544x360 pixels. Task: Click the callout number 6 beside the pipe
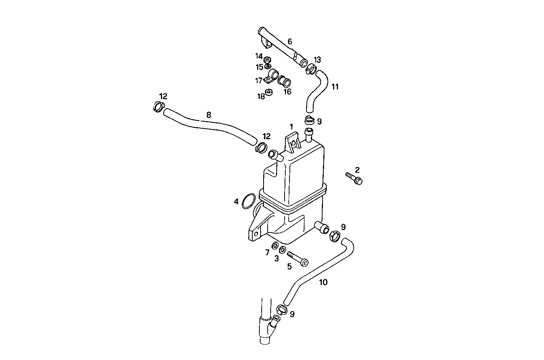(289, 41)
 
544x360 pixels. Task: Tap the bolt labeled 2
(354, 178)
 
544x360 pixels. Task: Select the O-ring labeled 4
(249, 201)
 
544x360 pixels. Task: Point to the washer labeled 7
(275, 246)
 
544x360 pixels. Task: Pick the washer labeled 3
(282, 249)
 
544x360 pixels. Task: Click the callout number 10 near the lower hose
(323, 282)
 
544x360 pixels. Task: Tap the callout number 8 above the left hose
(209, 115)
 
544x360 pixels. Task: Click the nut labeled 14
(268, 59)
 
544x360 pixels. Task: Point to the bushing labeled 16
(285, 81)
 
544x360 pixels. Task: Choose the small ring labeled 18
(269, 92)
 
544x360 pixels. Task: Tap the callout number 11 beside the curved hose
(335, 87)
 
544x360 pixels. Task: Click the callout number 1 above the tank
(291, 127)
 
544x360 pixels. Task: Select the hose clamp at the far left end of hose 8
(159, 107)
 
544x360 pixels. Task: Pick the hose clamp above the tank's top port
(310, 120)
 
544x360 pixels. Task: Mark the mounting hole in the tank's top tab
(293, 143)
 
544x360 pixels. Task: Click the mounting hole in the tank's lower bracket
(256, 234)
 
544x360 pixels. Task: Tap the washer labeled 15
(268, 66)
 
